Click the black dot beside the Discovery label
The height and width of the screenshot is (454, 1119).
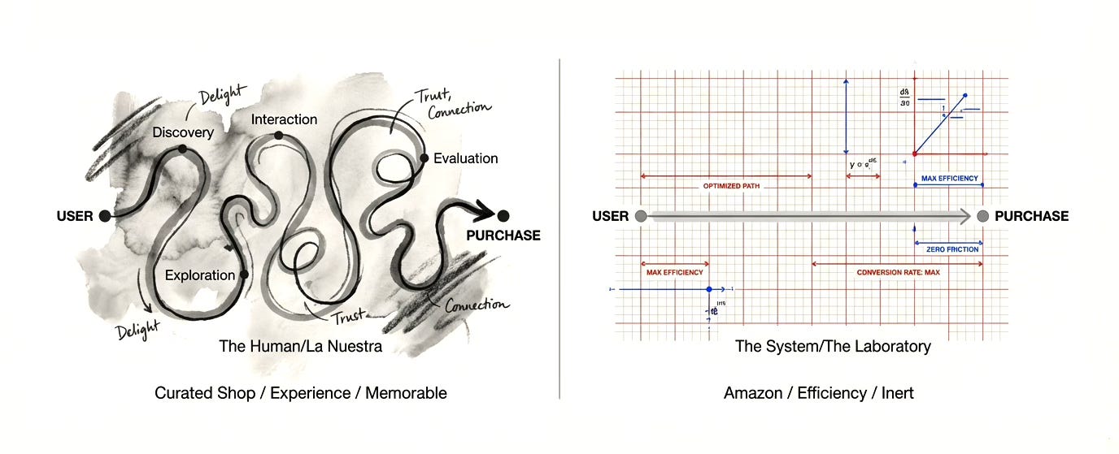coord(182,149)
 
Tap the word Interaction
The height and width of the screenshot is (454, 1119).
coord(284,119)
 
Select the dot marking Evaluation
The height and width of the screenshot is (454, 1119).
coord(424,158)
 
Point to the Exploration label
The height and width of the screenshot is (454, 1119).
coord(199,275)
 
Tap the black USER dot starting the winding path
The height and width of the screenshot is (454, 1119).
coord(104,216)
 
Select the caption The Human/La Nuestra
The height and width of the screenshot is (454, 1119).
coord(300,346)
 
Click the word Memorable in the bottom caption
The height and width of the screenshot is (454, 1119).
coord(406,393)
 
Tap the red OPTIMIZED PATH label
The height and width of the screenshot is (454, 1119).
coord(733,186)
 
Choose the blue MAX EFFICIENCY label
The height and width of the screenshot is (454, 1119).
coord(949,178)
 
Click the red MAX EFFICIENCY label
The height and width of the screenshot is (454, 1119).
coord(674,272)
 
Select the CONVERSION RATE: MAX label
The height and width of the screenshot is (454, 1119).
coord(898,272)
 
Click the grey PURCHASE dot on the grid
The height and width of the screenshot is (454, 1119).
coord(982,216)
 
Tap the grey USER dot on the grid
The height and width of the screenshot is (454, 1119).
coord(641,216)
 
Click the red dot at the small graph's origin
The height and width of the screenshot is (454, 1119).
coord(915,153)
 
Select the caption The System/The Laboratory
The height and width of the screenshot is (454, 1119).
coord(833,346)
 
